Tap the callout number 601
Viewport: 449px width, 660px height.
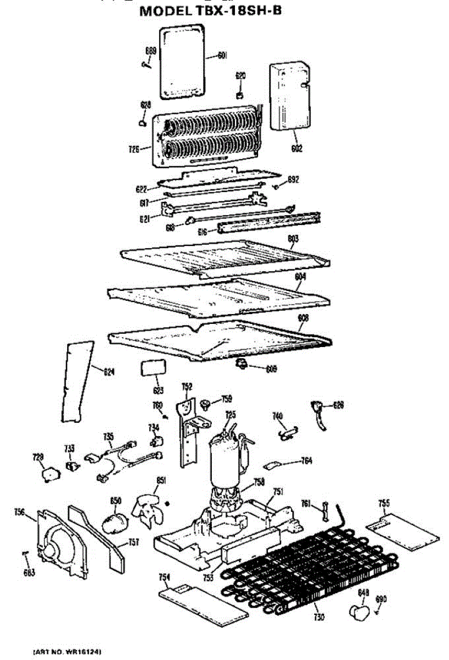(222, 54)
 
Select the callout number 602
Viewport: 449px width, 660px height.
(297, 148)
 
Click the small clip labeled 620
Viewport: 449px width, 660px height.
(240, 96)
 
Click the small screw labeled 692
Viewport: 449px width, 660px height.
(278, 186)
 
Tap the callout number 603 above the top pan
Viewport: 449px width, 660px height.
(293, 239)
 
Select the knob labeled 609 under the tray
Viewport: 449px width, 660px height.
(242, 364)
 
